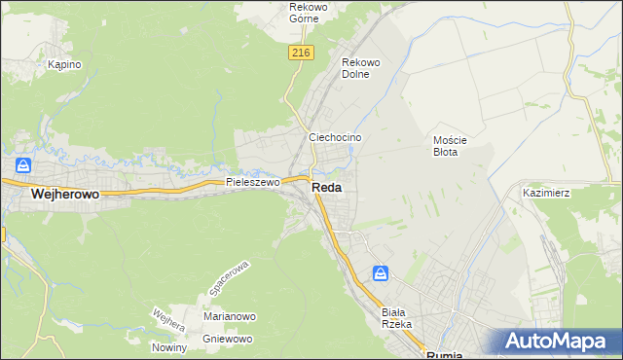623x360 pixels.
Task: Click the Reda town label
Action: (327, 188)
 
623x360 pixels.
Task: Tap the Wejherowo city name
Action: (66, 194)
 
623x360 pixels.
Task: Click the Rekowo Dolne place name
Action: (360, 68)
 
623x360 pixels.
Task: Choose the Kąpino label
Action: (64, 64)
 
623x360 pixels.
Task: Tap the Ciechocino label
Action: (335, 137)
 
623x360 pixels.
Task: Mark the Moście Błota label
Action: (451, 145)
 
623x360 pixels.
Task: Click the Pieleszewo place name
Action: (252, 181)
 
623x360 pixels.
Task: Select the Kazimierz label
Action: (546, 193)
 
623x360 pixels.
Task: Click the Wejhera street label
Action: (168, 321)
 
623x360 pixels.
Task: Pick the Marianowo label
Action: (229, 316)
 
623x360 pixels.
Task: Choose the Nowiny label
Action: (168, 347)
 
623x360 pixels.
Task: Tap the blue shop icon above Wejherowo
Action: (24, 166)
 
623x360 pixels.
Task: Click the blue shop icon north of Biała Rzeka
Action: (382, 273)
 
